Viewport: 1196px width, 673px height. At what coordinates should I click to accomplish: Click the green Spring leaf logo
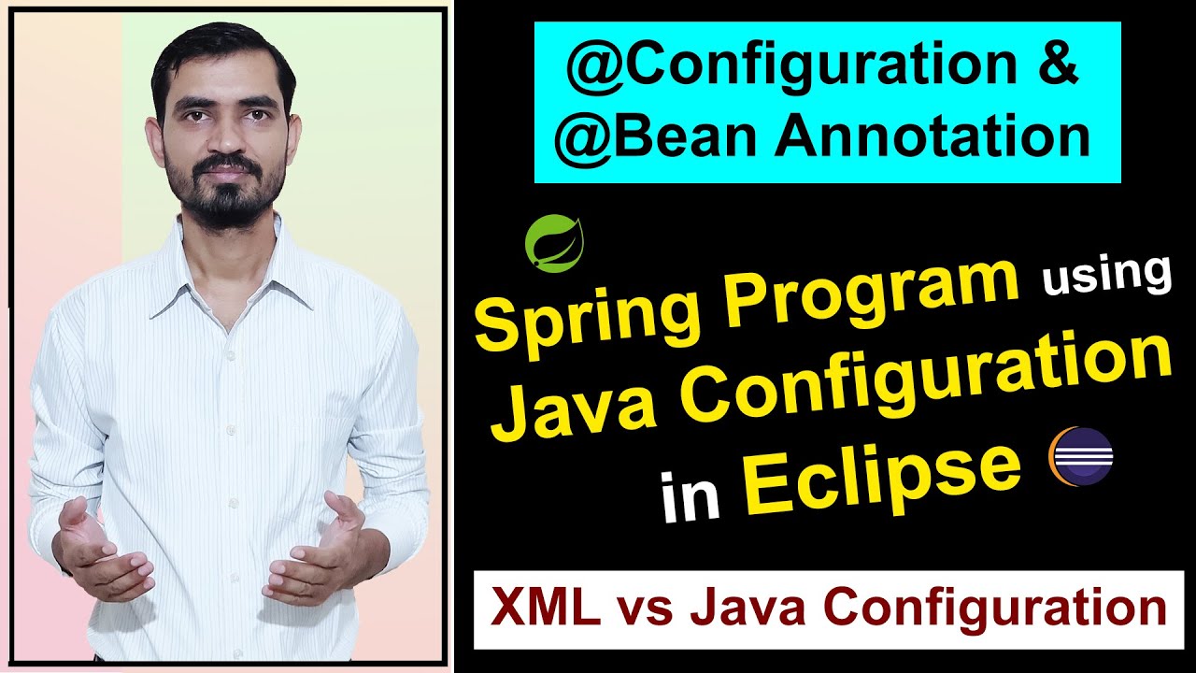554,241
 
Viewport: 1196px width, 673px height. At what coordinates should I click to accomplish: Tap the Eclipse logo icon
1081,456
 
